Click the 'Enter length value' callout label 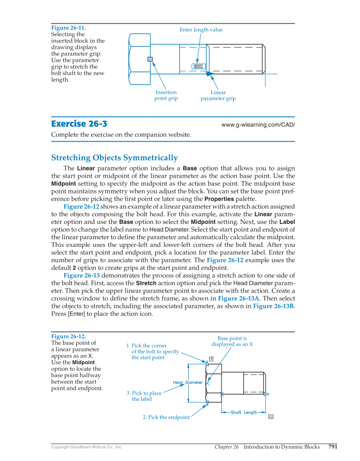point(201,30)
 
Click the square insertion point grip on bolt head point(150,59)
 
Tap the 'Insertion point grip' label point(166,95)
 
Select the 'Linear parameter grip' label point(218,95)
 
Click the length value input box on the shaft point(198,66)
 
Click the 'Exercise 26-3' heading point(79,124)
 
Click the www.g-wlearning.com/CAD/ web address point(258,125)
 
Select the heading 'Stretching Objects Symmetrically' point(114,158)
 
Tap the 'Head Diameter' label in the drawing point(188,383)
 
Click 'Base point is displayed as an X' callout point(232,341)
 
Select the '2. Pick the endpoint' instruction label point(166,417)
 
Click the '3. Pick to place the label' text point(144,396)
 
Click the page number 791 point(333,447)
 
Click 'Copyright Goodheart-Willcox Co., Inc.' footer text point(87,447)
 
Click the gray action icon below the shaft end point(271,417)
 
